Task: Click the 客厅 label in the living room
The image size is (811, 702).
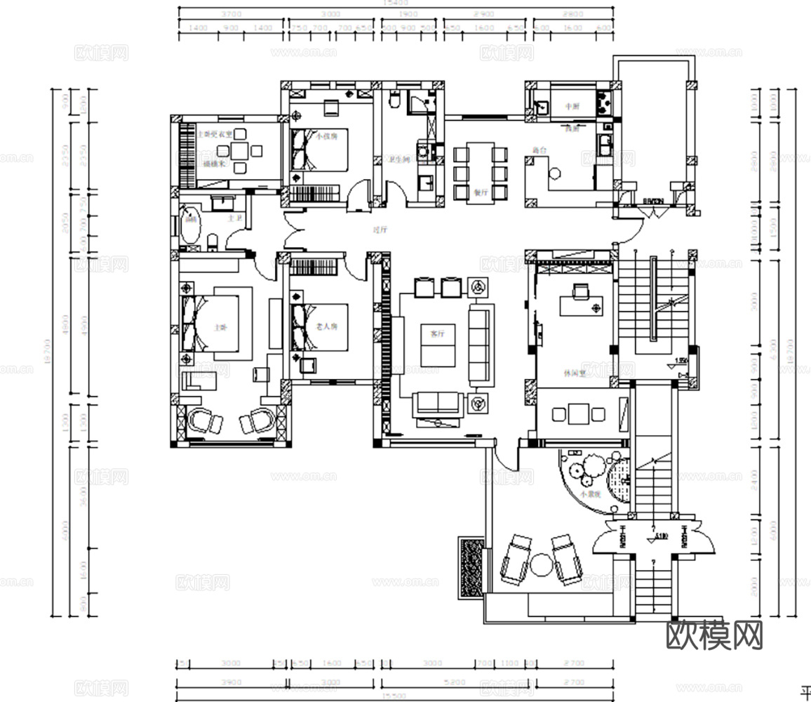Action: [x=438, y=334]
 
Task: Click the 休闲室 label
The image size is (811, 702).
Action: [x=569, y=373]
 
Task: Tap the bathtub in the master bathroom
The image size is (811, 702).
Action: [x=189, y=225]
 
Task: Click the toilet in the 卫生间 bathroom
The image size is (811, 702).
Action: [x=395, y=101]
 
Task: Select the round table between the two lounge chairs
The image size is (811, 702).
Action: [x=540, y=564]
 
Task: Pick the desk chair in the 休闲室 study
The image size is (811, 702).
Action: [x=580, y=289]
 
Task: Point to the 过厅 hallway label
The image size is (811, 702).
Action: [x=380, y=229]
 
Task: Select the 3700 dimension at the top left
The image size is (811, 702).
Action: [x=232, y=14]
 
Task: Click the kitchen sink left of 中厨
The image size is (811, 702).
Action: [x=540, y=107]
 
